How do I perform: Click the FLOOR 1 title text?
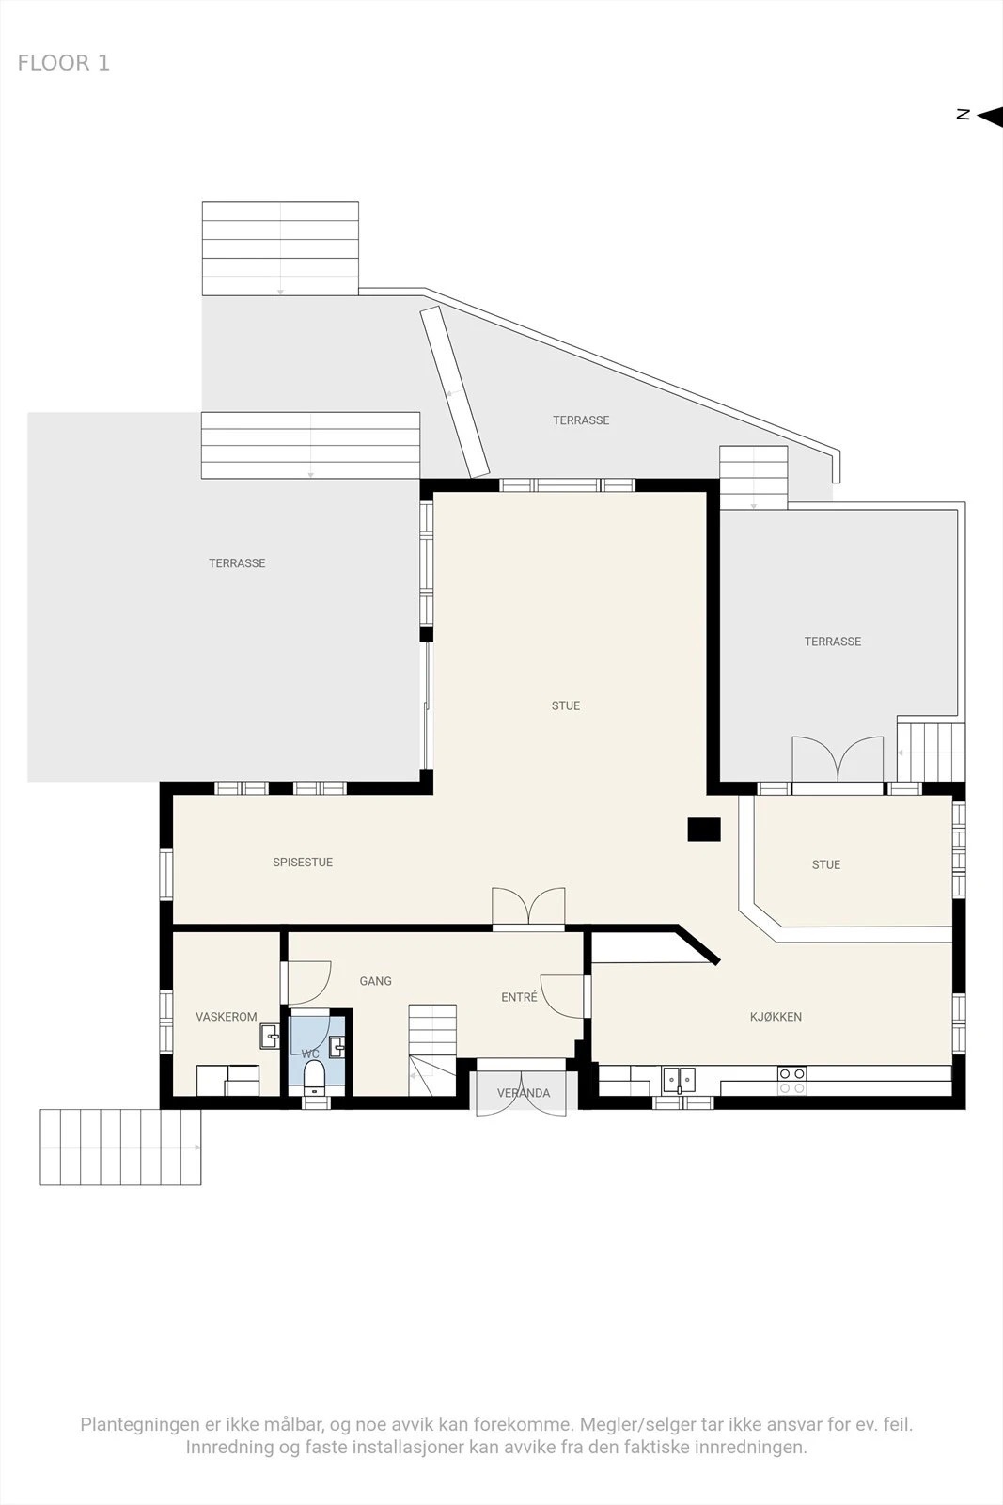pyautogui.click(x=63, y=63)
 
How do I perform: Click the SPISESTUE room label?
pyautogui.click(x=303, y=862)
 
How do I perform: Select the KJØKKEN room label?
pyautogui.click(x=776, y=1017)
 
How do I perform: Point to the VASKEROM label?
pyautogui.click(x=227, y=1017)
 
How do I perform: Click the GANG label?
pyautogui.click(x=375, y=981)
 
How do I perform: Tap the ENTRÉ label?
pyautogui.click(x=519, y=997)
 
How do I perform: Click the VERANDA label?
pyautogui.click(x=524, y=1093)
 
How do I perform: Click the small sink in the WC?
pyautogui.click(x=337, y=1047)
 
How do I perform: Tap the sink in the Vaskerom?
pyautogui.click(x=270, y=1036)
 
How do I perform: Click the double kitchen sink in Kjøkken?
pyautogui.click(x=680, y=1080)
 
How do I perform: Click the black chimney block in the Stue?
pyautogui.click(x=703, y=829)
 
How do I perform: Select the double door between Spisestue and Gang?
pyautogui.click(x=528, y=909)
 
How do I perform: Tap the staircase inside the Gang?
pyautogui.click(x=432, y=1050)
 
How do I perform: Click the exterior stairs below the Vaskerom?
pyautogui.click(x=121, y=1147)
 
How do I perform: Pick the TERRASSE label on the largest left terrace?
pyautogui.click(x=237, y=563)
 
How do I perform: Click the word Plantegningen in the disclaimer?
pyautogui.click(x=140, y=1425)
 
